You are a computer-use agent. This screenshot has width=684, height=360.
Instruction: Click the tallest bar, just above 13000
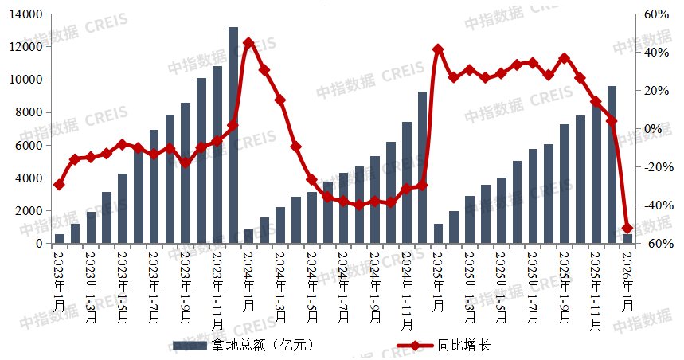[x=233, y=135]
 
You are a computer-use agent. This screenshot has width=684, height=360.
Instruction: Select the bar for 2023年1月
[x=60, y=239]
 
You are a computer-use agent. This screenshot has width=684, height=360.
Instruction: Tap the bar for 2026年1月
[x=627, y=239]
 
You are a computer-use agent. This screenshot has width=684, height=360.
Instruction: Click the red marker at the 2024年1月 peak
[x=248, y=42]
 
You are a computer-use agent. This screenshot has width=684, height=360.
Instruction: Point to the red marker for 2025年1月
[x=438, y=49]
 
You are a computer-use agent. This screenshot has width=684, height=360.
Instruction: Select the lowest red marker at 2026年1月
[x=627, y=229]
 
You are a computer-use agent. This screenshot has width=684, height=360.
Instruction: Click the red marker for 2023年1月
[x=60, y=185]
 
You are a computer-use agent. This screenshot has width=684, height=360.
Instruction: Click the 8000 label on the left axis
[x=31, y=112]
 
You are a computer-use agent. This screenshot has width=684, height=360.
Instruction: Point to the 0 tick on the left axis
[x=37, y=244]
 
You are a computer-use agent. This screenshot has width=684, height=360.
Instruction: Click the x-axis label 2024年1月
[x=248, y=280]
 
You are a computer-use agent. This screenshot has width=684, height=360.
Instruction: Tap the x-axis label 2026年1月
[x=627, y=280]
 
